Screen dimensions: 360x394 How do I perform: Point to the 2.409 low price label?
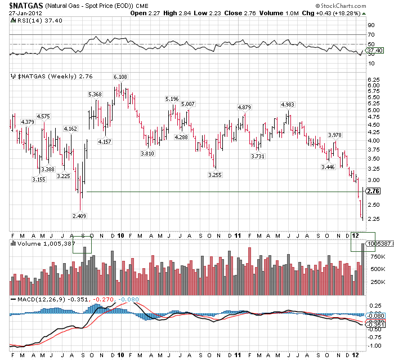(x=79, y=216)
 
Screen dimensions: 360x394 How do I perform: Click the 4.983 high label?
(x=287, y=105)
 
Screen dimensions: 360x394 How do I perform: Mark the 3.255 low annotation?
(x=214, y=175)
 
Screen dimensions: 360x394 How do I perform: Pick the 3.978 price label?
(x=334, y=135)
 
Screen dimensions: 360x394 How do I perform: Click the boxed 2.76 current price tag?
(x=373, y=191)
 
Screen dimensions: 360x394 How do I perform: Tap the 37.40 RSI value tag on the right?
(x=374, y=51)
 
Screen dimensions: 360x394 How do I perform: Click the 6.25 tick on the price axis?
(x=372, y=80)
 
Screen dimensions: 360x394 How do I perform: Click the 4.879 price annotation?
(x=244, y=107)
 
